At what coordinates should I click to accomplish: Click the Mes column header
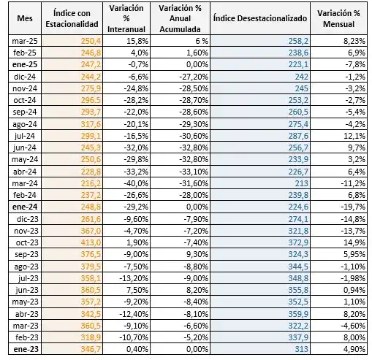(x=25, y=17)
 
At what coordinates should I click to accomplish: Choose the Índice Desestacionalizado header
(x=260, y=17)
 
